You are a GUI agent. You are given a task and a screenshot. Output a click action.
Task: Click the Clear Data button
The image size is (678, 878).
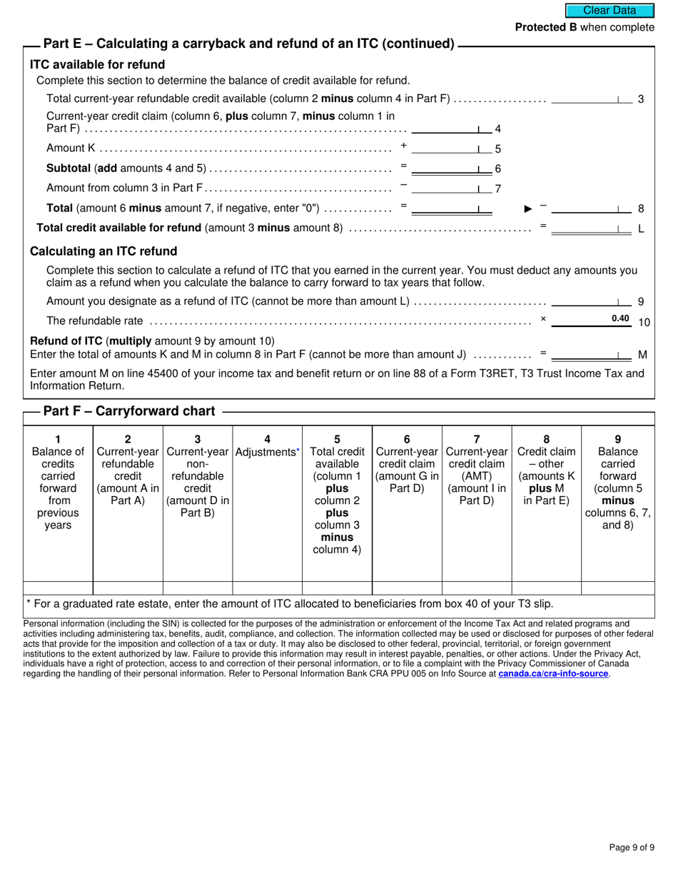pos(610,10)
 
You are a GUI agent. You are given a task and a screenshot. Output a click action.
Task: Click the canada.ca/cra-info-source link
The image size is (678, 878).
pos(553,673)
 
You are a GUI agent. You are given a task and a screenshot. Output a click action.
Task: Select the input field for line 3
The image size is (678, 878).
pos(592,99)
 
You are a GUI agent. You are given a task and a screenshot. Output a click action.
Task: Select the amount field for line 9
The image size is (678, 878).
pos(592,301)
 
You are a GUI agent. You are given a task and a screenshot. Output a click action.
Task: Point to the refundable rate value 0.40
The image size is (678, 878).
pos(620,319)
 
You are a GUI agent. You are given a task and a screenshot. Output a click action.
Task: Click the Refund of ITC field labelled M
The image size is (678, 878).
pos(592,355)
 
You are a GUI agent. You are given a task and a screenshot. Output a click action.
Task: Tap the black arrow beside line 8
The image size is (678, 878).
pos(528,208)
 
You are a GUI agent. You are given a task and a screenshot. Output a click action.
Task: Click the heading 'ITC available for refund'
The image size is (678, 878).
pos(97,65)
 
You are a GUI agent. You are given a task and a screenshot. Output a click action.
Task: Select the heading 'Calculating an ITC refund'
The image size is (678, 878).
pos(103,251)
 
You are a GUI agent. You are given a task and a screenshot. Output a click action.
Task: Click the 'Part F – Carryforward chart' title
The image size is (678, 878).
pos(129,411)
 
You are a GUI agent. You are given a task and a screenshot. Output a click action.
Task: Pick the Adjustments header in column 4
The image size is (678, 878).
pos(267,452)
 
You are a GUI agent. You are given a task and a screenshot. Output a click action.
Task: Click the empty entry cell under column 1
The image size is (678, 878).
pos(58,587)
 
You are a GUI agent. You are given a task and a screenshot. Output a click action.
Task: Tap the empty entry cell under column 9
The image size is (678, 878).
pos(617,587)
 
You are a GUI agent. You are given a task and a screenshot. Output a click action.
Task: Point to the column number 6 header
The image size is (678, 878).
pos(407,439)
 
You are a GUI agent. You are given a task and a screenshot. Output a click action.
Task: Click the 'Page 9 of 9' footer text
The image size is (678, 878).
pos(632,847)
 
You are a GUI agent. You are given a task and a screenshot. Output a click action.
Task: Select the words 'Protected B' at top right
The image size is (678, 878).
pos(546,27)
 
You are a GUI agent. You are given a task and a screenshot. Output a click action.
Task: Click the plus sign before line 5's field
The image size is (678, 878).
pos(403,146)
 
